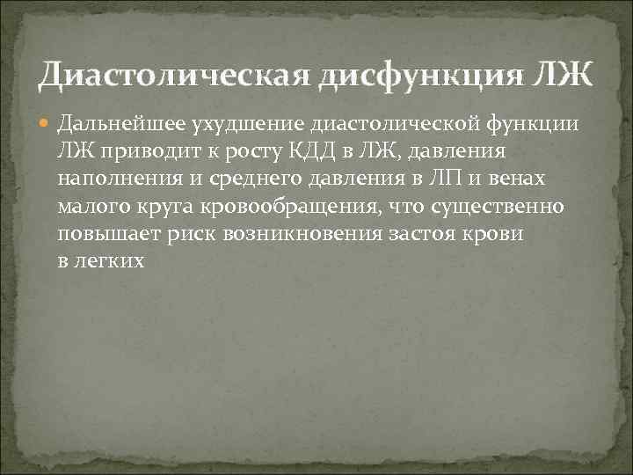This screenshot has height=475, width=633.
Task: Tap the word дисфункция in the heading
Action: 411,74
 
